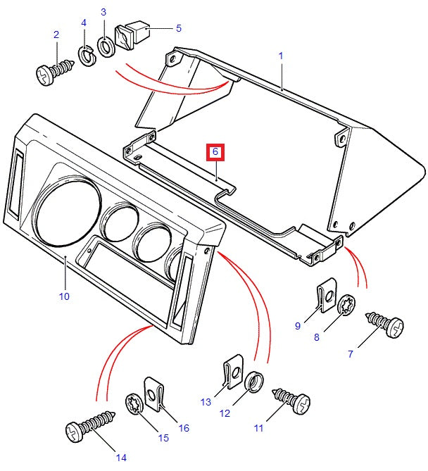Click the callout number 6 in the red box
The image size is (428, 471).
(216, 151)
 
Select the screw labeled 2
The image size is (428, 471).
(53, 71)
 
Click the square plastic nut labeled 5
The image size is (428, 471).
(131, 35)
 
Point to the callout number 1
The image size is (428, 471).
(280, 55)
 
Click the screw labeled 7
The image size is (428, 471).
(385, 324)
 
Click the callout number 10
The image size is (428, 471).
(64, 296)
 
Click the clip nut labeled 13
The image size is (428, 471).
(232, 372)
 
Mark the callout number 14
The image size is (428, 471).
(121, 457)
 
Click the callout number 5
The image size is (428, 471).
(178, 28)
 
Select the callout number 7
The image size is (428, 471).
(350, 354)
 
